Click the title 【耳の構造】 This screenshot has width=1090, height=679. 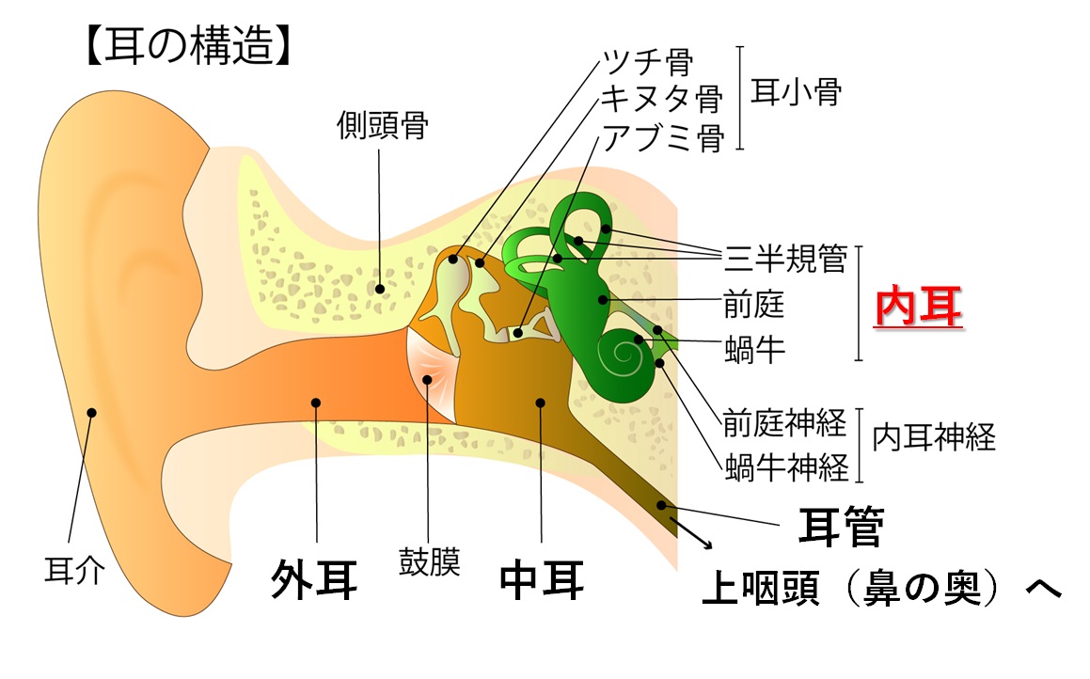[x=188, y=47]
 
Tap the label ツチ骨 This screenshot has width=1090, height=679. [x=647, y=61]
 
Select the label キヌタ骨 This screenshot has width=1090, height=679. [x=662, y=99]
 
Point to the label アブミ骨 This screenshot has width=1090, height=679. [x=663, y=137]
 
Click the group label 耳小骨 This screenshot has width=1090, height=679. [x=796, y=92]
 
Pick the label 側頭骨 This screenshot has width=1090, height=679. [x=383, y=125]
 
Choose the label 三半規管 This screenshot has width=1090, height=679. [x=785, y=259]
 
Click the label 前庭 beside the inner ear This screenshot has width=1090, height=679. [x=754, y=305]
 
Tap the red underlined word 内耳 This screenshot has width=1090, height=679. [x=918, y=307]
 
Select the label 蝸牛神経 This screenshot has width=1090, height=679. [x=786, y=467]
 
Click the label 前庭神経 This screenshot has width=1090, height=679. [x=785, y=422]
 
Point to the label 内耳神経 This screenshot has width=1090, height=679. [x=934, y=437]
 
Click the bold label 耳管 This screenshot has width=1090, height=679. [x=841, y=527]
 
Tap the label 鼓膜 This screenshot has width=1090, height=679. [x=429, y=561]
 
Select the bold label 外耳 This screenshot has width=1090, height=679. [x=314, y=579]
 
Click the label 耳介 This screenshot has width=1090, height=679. [x=75, y=571]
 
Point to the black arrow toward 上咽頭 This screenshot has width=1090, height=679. [x=691, y=533]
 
